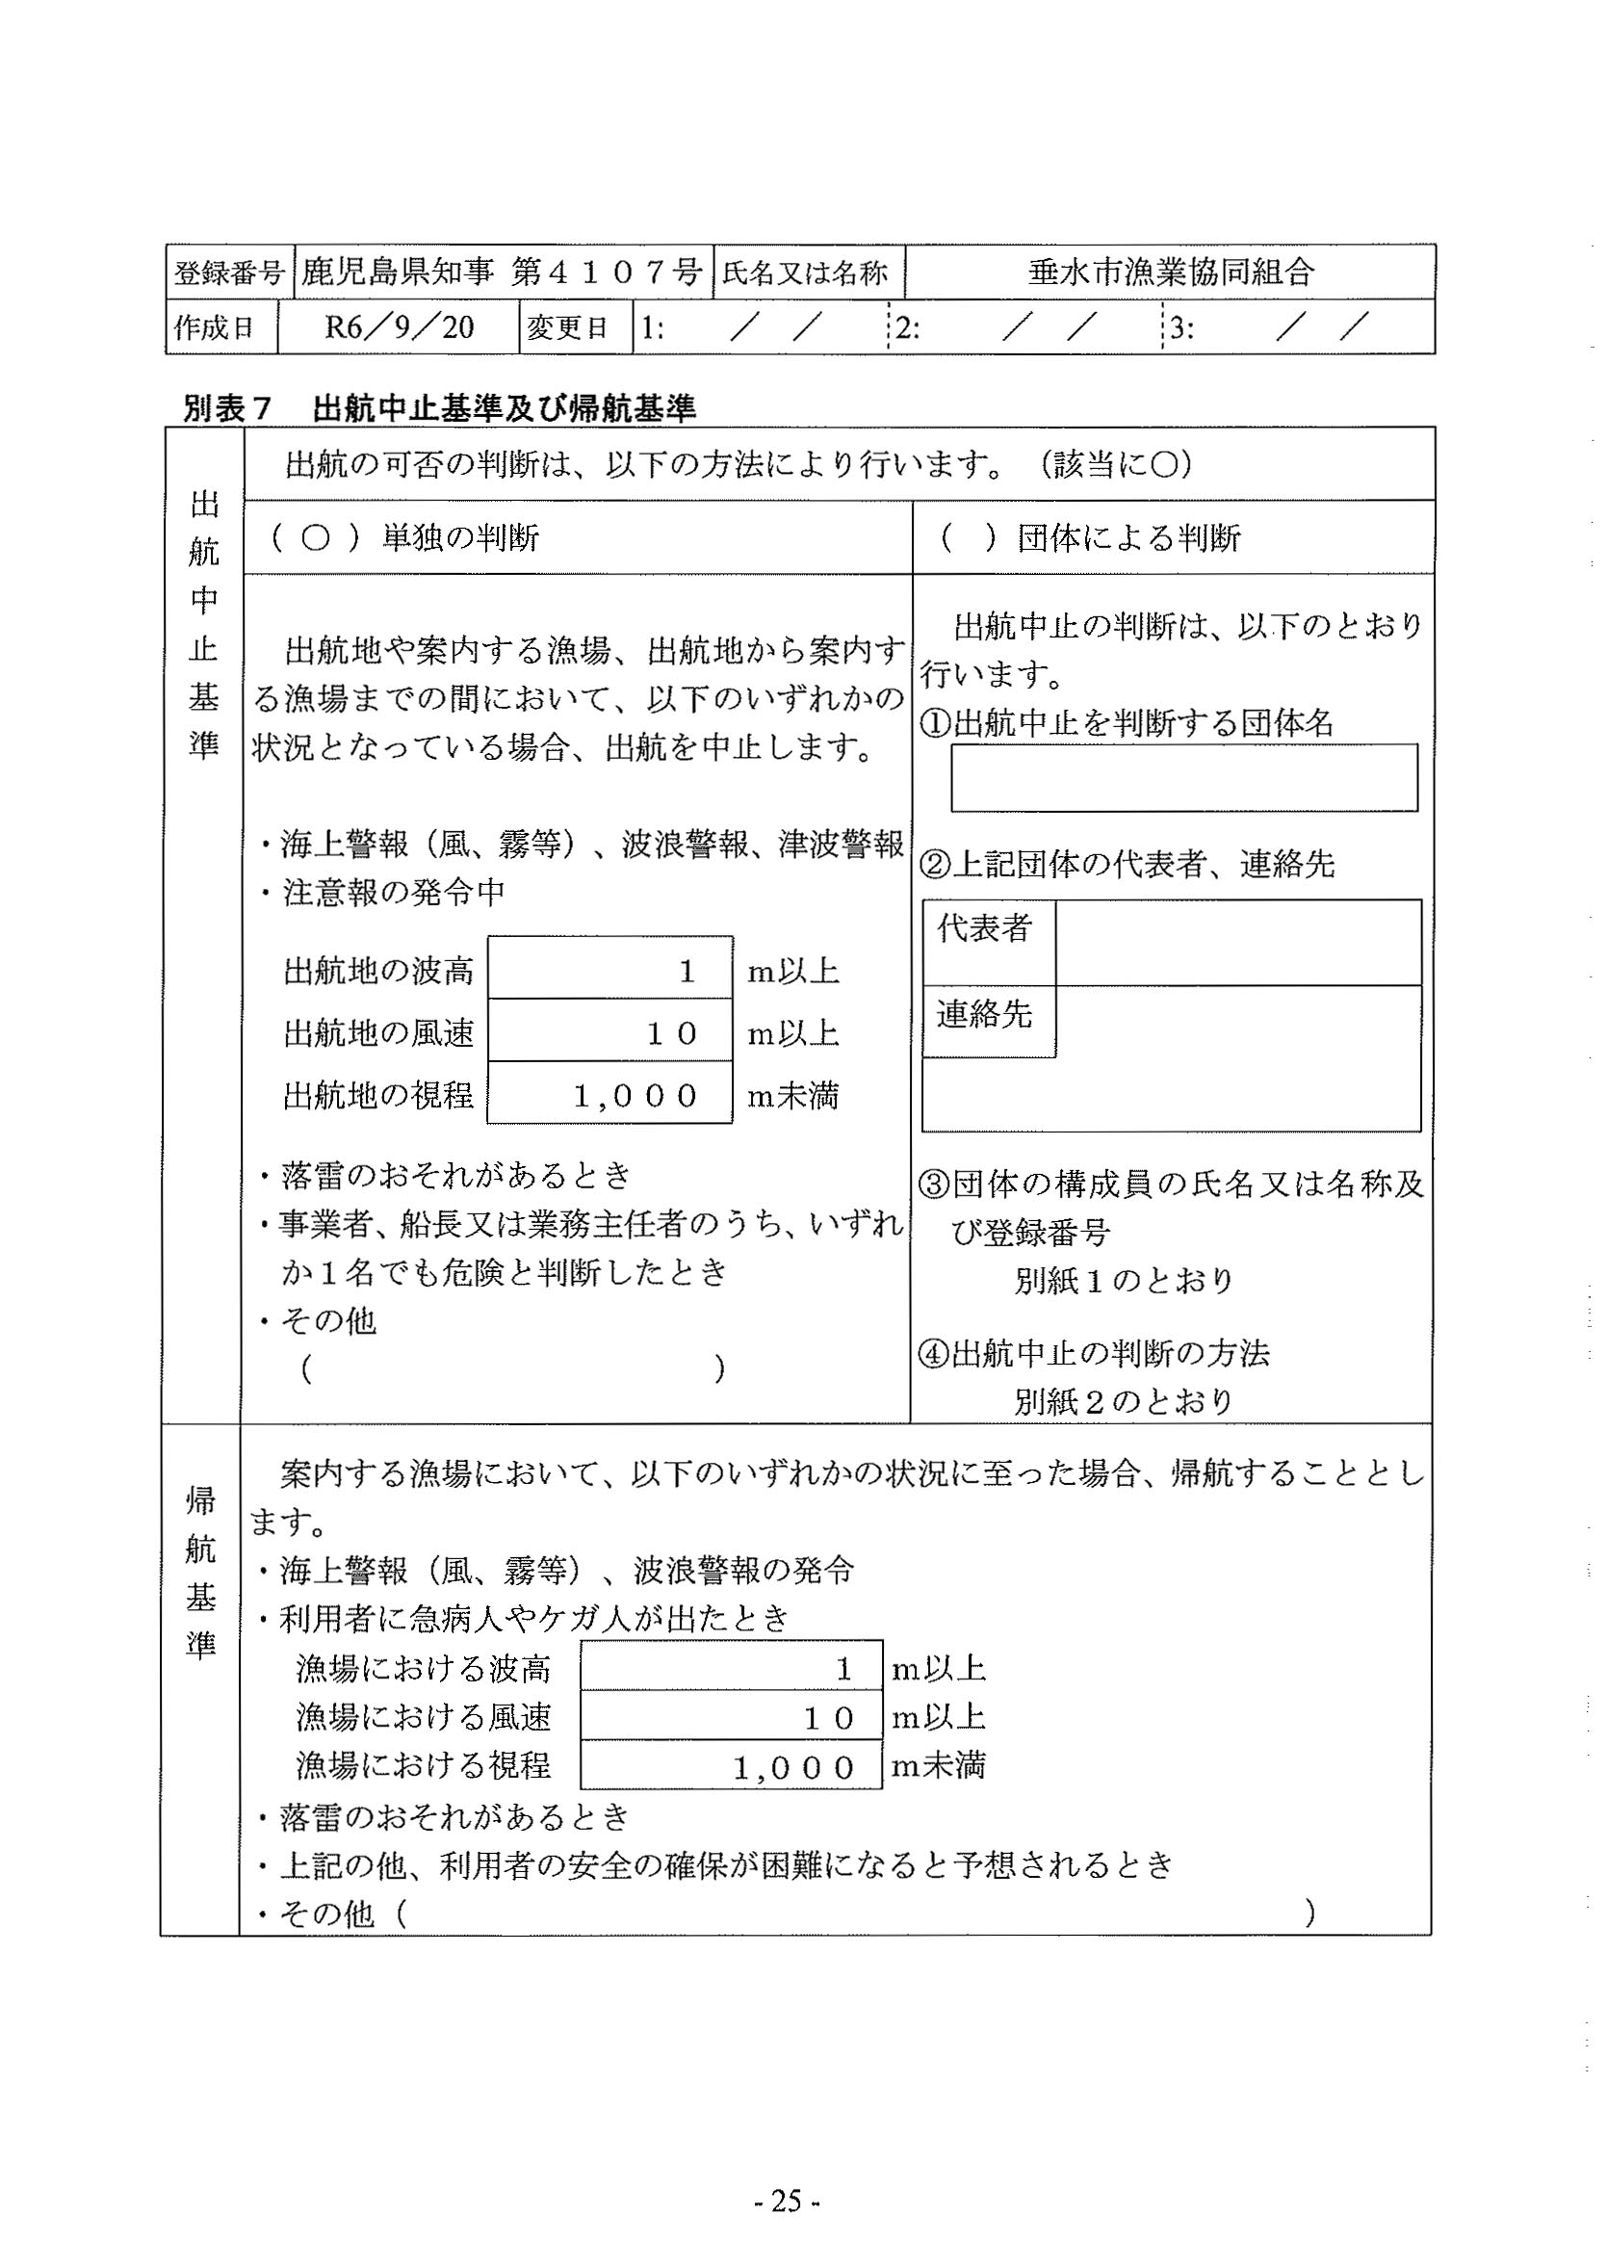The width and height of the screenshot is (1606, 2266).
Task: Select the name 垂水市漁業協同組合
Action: [1170, 272]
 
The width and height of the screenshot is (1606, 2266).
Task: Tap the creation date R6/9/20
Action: [399, 327]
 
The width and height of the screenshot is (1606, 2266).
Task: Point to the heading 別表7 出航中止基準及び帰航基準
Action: [440, 407]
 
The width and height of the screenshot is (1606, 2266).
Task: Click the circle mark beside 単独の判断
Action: [315, 538]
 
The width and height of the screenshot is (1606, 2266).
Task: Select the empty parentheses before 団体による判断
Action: [967, 538]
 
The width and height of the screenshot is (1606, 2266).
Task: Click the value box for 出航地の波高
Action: [609, 971]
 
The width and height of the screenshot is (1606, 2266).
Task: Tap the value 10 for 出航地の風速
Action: [671, 1033]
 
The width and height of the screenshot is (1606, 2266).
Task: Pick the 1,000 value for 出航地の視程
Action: [635, 1096]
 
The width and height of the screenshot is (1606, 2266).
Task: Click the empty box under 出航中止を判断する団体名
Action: [1182, 777]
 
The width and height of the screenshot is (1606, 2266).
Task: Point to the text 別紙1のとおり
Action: [1124, 1282]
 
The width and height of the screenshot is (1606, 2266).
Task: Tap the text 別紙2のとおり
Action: [1124, 1401]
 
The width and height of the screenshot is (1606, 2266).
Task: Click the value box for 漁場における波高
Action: [731, 1670]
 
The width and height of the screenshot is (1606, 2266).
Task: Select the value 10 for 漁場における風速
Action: [828, 1718]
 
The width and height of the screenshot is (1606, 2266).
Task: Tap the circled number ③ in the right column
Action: [935, 1185]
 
